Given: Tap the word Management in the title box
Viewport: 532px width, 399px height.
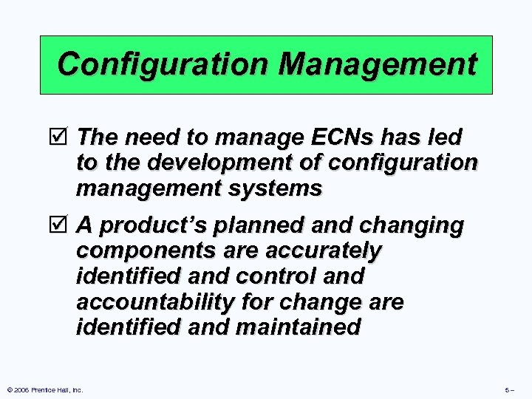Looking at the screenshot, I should pos(378,64).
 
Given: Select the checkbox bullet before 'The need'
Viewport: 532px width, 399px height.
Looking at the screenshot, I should pos(64,137).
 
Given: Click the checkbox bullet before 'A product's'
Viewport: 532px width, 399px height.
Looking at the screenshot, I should pos(64,225).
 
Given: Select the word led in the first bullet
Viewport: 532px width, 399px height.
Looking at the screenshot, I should pos(446,137).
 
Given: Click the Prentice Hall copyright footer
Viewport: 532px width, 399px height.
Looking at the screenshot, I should pos(44,389).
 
